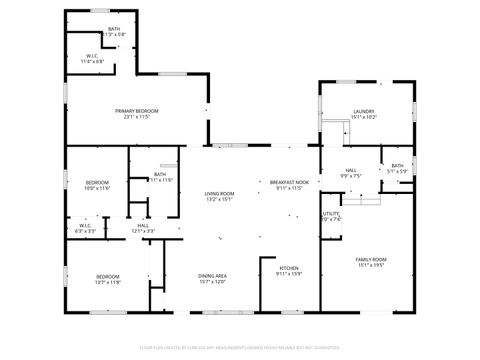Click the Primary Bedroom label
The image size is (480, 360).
coord(136,110)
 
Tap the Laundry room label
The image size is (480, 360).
coord(363,111)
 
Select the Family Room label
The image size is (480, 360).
coord(371,259)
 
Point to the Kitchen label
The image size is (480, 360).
coord(289,267)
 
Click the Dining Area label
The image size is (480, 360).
coord(212,275)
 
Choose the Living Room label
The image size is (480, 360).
coord(219,193)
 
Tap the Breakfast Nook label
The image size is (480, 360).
coord(288,182)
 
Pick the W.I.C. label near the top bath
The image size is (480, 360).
coord(91,55)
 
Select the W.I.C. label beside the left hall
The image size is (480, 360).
coord(86,225)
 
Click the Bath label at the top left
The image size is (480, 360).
coord(114,29)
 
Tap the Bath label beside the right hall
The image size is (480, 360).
coord(398,166)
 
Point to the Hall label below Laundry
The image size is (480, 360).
coord(351,171)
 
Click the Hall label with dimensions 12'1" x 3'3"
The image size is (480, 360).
coord(144,225)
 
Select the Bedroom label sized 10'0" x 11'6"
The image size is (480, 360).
coord(96,182)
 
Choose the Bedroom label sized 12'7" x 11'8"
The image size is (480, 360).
coord(108,276)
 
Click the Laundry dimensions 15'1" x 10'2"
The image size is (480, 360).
coord(363,117)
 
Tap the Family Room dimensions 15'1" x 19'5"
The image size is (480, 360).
coord(371,265)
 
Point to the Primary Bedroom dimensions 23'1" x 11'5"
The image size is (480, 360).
coord(136,116)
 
